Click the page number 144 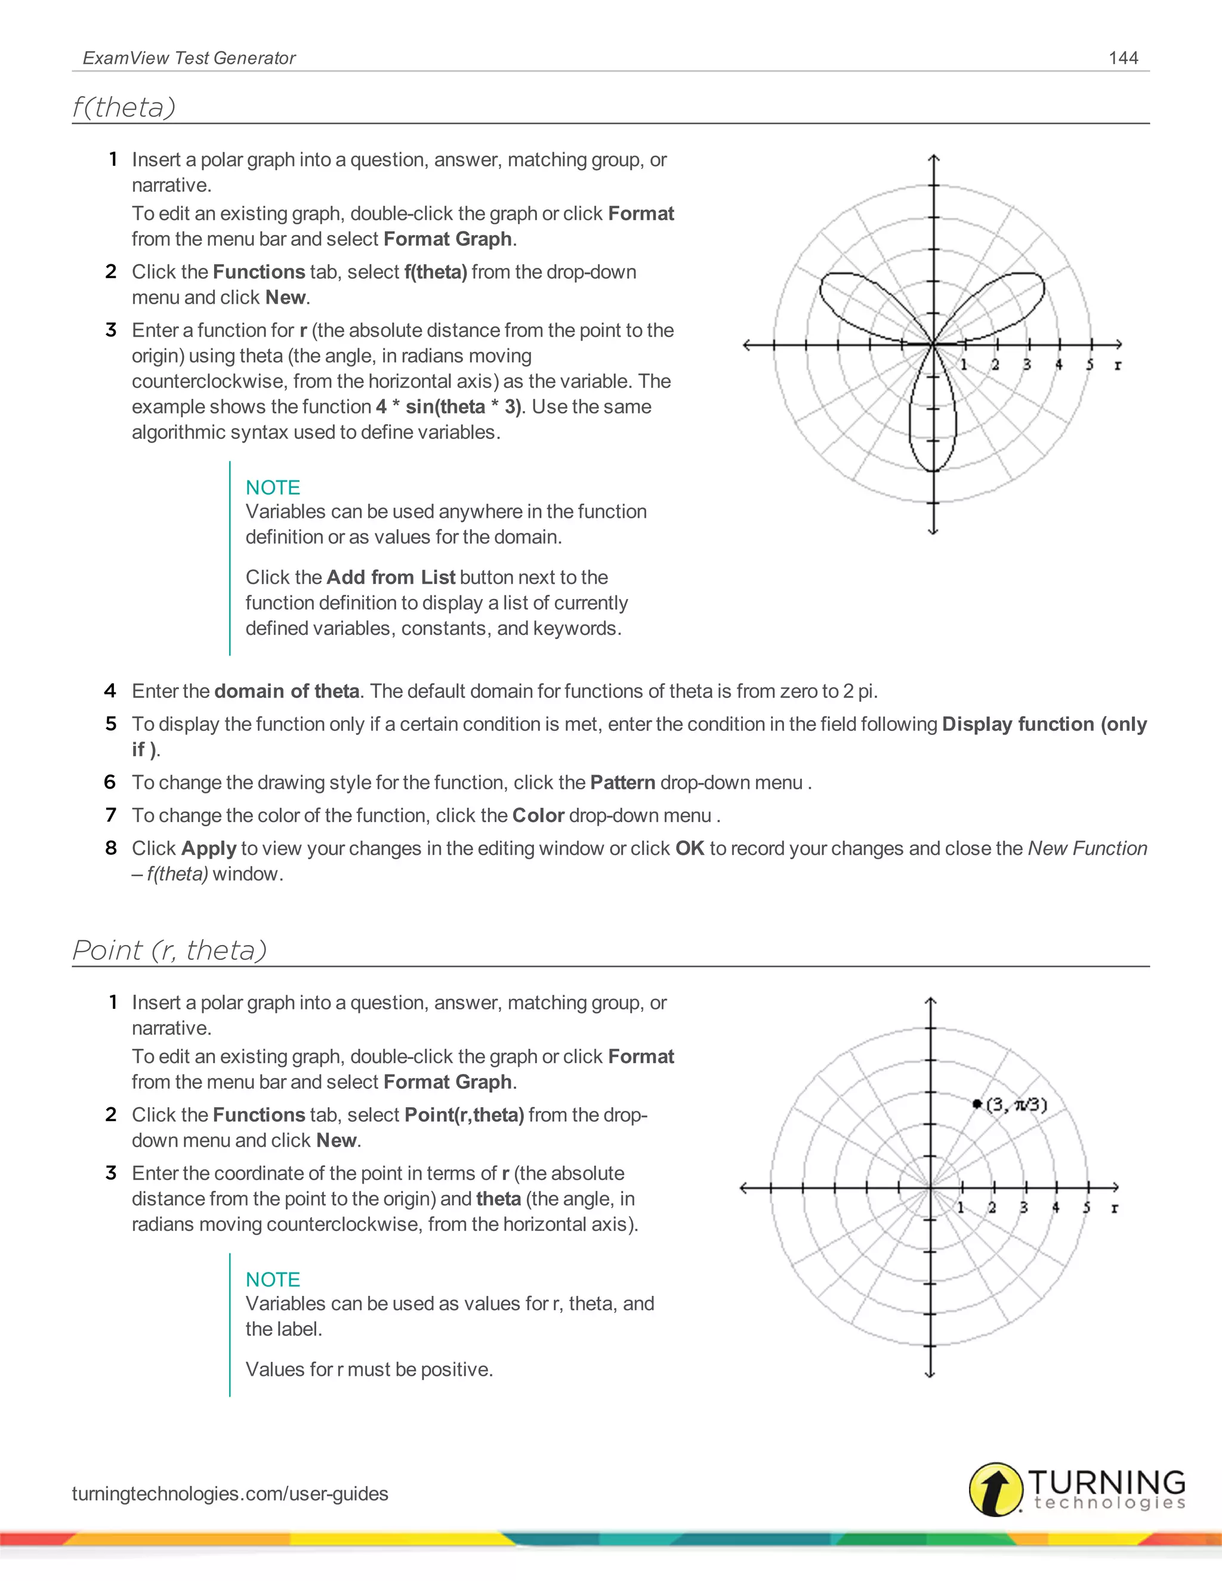(1123, 58)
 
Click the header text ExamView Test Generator (189, 58)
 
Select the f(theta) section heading (124, 107)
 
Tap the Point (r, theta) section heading (169, 950)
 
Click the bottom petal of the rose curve (933, 427)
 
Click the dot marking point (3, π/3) (977, 1104)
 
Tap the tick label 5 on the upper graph (1090, 365)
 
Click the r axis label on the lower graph (1115, 1208)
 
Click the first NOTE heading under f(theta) (272, 487)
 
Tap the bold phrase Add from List (390, 577)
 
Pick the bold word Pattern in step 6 (622, 783)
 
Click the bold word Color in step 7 (538, 816)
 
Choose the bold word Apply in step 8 (209, 848)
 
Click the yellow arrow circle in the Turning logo (996, 1489)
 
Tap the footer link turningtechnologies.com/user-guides (230, 1493)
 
